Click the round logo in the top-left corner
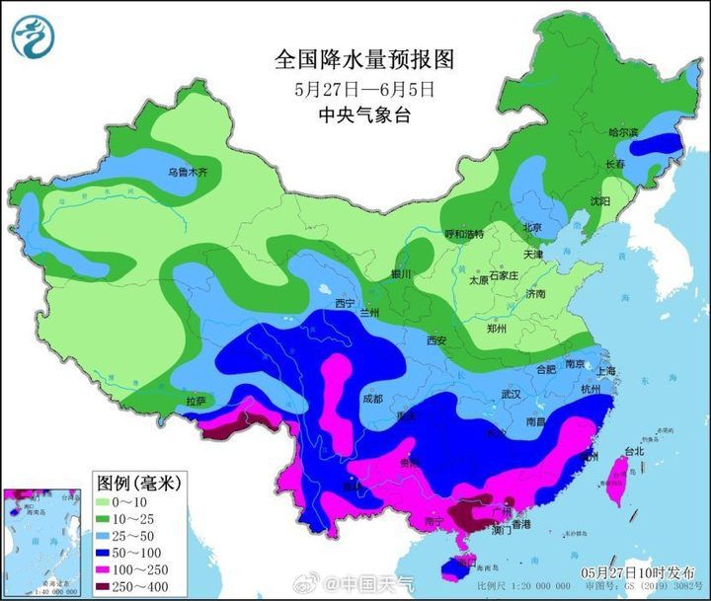click(x=34, y=36)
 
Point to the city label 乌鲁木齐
click(x=188, y=172)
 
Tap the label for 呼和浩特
click(x=464, y=234)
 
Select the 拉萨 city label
click(x=196, y=401)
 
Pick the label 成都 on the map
click(x=372, y=399)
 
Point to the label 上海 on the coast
click(x=605, y=370)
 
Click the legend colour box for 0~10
click(x=108, y=501)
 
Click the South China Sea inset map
click(x=42, y=542)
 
